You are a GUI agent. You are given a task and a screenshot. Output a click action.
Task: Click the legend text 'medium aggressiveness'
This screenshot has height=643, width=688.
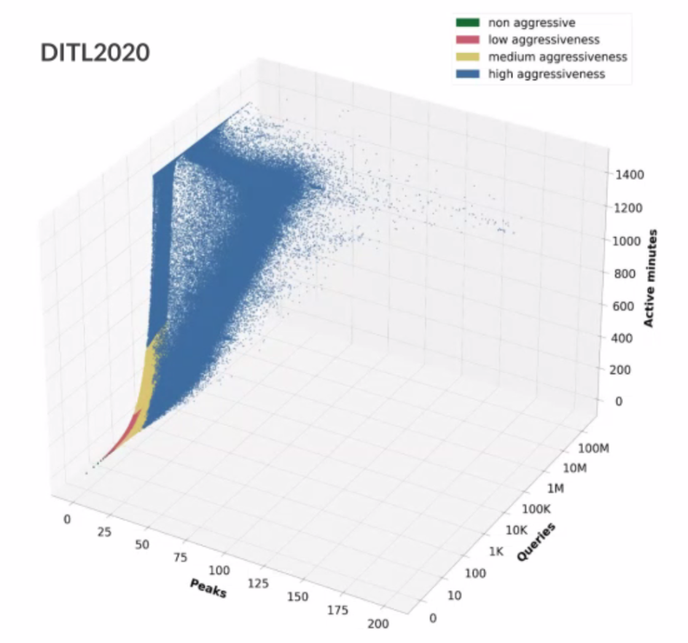click(558, 57)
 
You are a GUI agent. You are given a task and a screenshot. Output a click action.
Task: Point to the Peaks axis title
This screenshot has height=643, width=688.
click(208, 588)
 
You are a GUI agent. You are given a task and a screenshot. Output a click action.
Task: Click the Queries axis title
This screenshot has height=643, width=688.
click(536, 542)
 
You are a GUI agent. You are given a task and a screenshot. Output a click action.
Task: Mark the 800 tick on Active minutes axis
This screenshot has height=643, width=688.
click(626, 273)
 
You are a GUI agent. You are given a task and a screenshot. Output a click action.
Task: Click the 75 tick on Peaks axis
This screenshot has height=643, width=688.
click(180, 558)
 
